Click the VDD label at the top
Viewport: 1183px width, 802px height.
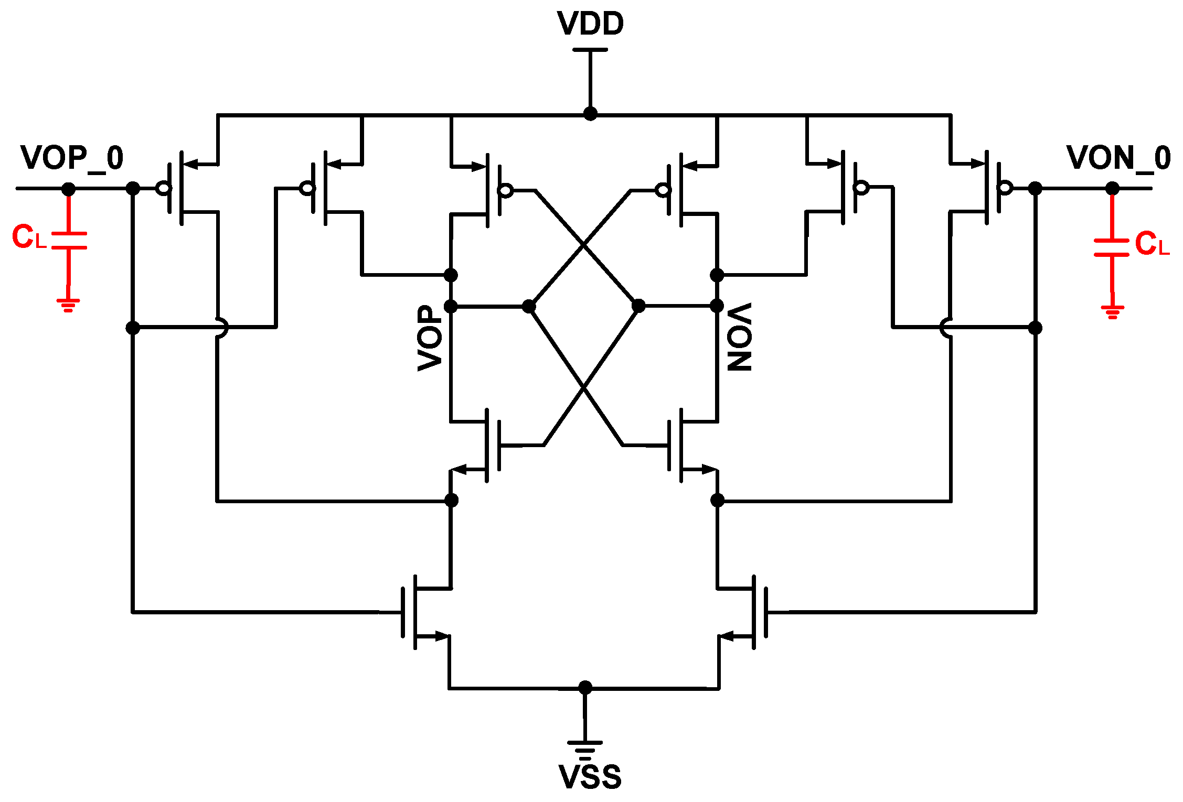(590, 24)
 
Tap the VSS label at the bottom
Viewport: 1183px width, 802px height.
(590, 777)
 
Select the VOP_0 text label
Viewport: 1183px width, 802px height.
(72, 158)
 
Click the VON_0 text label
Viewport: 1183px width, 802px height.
(1118, 158)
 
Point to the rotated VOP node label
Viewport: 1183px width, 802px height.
(430, 338)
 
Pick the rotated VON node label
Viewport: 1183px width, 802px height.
(740, 337)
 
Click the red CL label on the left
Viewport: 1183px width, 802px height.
(29, 237)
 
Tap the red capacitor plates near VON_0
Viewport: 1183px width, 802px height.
(1111, 247)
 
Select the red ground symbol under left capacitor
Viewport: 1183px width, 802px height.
(68, 305)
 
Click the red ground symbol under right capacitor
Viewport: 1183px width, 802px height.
(1112, 312)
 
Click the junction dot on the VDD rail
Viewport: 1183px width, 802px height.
(590, 114)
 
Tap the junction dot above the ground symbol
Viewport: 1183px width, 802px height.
(585, 688)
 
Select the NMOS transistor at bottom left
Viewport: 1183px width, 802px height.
(420, 612)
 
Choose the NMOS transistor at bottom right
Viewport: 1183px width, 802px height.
(748, 612)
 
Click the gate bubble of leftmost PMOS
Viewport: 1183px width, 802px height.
(164, 188)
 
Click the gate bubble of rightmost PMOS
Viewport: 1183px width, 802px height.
(1005, 188)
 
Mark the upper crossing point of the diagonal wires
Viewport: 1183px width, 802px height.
(584, 245)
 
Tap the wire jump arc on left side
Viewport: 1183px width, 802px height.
(222, 327)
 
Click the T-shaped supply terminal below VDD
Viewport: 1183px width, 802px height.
(590, 50)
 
